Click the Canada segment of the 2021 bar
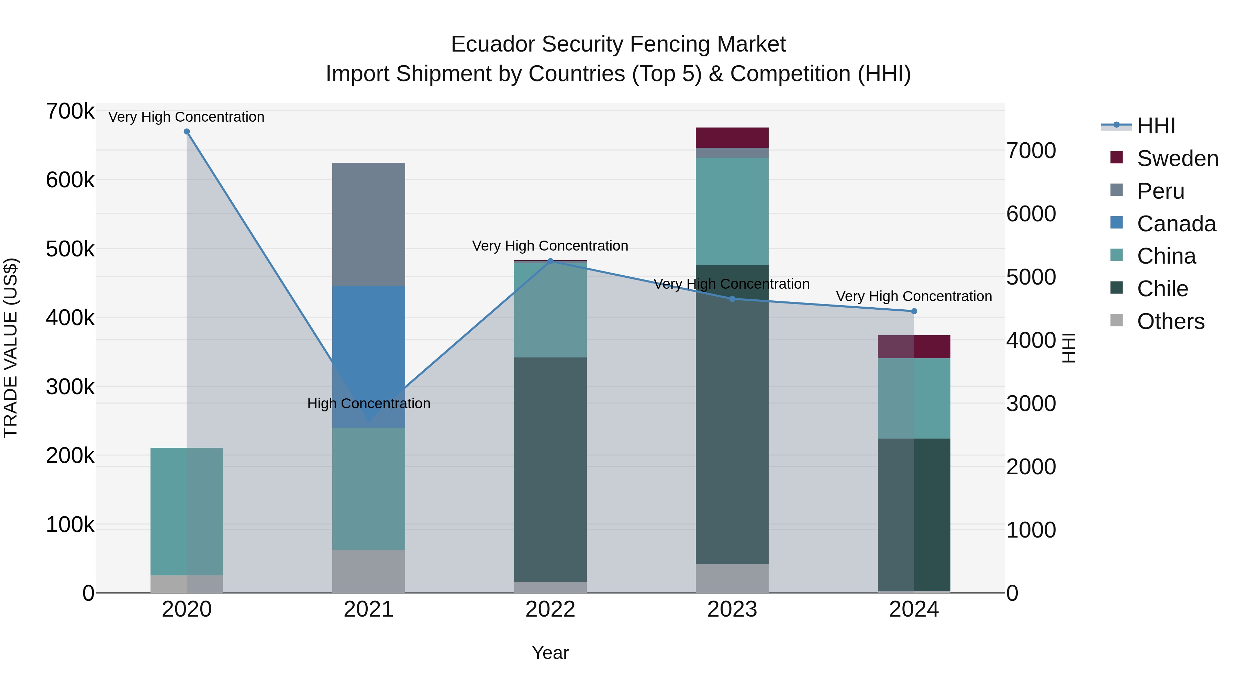368,336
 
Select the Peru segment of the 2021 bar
368,224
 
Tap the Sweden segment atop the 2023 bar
732,137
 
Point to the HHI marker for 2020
187,132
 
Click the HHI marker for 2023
732,299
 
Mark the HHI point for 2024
914,311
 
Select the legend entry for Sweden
1177,158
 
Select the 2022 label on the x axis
550,609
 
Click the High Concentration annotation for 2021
368,404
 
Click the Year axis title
550,653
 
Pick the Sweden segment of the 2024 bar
914,346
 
